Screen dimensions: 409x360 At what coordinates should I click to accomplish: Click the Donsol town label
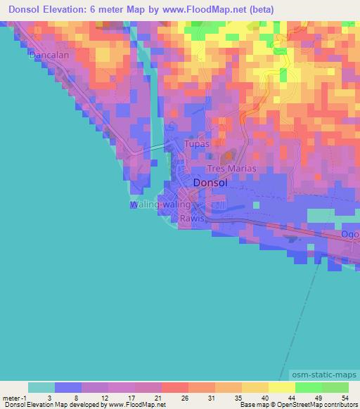[x=210, y=182]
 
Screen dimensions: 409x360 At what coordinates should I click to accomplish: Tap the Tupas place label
[x=196, y=144]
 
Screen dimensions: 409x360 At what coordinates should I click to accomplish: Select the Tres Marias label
[x=231, y=169]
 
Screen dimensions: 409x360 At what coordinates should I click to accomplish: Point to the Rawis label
[x=191, y=219]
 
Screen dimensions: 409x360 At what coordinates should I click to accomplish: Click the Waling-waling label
[x=160, y=204]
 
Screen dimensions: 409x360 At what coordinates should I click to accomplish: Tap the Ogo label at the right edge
[x=350, y=234]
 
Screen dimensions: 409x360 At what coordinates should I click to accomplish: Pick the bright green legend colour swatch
[x=307, y=387]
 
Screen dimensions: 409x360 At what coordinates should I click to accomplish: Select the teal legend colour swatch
[x=41, y=387]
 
